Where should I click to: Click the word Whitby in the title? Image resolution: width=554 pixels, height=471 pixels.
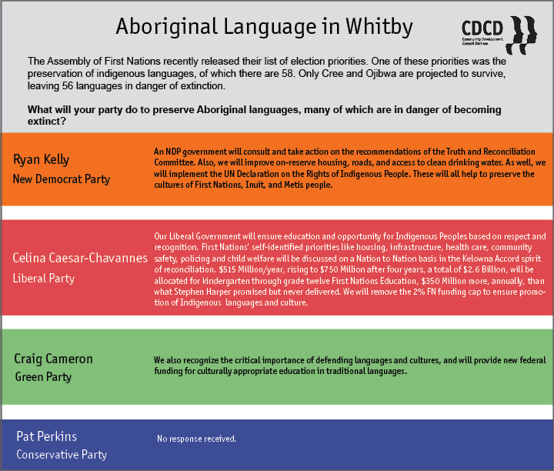(379, 26)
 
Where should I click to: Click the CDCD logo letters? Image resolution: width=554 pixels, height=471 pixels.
(482, 28)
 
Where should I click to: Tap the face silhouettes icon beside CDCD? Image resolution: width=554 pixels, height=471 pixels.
(522, 35)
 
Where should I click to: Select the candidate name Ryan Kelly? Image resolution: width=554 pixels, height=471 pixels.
(41, 160)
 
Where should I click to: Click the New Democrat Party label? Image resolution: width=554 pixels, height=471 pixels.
(62, 179)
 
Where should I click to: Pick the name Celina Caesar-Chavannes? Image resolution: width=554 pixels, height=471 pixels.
(80, 258)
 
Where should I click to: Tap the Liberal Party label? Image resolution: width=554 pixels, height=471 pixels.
(43, 279)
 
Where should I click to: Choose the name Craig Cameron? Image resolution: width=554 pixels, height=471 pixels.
(53, 359)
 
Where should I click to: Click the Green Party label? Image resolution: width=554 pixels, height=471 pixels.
(43, 377)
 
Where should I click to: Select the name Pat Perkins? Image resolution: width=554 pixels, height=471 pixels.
(47, 436)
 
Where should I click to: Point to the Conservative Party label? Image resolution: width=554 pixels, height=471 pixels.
(62, 454)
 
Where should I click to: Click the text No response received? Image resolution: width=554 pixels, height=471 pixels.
(196, 439)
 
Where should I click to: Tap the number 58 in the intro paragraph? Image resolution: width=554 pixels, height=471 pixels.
(287, 73)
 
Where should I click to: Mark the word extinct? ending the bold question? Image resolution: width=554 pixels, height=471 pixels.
(47, 121)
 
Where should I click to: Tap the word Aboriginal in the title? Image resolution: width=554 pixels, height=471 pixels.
(167, 26)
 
